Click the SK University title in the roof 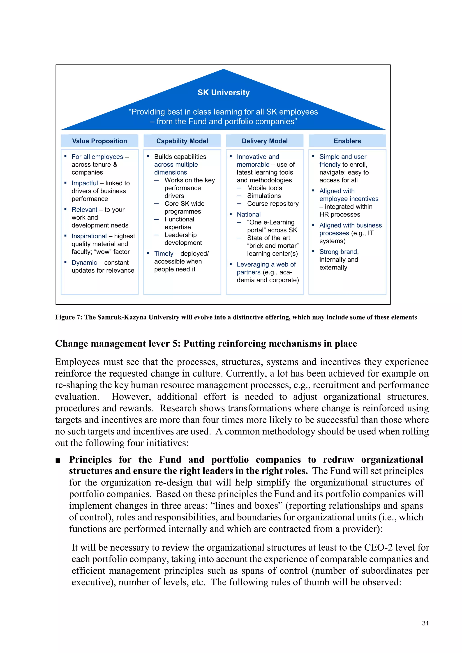click(224, 92)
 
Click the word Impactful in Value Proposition click(85, 183)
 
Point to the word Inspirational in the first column click(89, 236)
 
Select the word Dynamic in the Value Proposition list click(84, 262)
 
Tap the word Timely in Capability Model click(164, 253)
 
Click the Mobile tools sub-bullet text click(264, 188)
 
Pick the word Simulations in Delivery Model click(264, 196)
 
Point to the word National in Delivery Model click(249, 214)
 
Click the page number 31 click(425, 623)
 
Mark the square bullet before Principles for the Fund click(58, 460)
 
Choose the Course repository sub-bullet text click(273, 204)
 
